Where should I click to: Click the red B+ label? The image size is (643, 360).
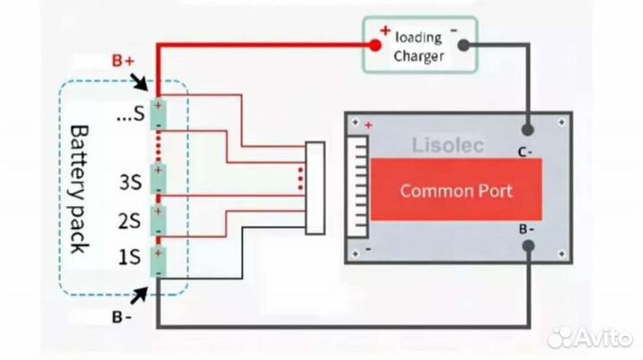click(123, 61)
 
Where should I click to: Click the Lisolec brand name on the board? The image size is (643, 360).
click(448, 146)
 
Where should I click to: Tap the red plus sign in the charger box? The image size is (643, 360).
click(385, 30)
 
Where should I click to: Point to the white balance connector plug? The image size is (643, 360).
click(314, 188)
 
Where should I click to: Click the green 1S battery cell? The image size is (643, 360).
click(158, 258)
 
